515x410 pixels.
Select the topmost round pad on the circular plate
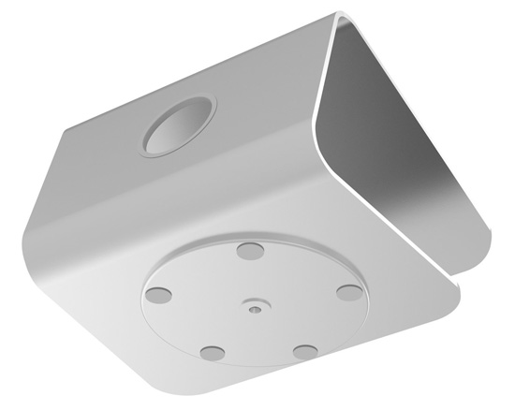click(250, 251)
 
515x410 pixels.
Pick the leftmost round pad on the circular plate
click(159, 293)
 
